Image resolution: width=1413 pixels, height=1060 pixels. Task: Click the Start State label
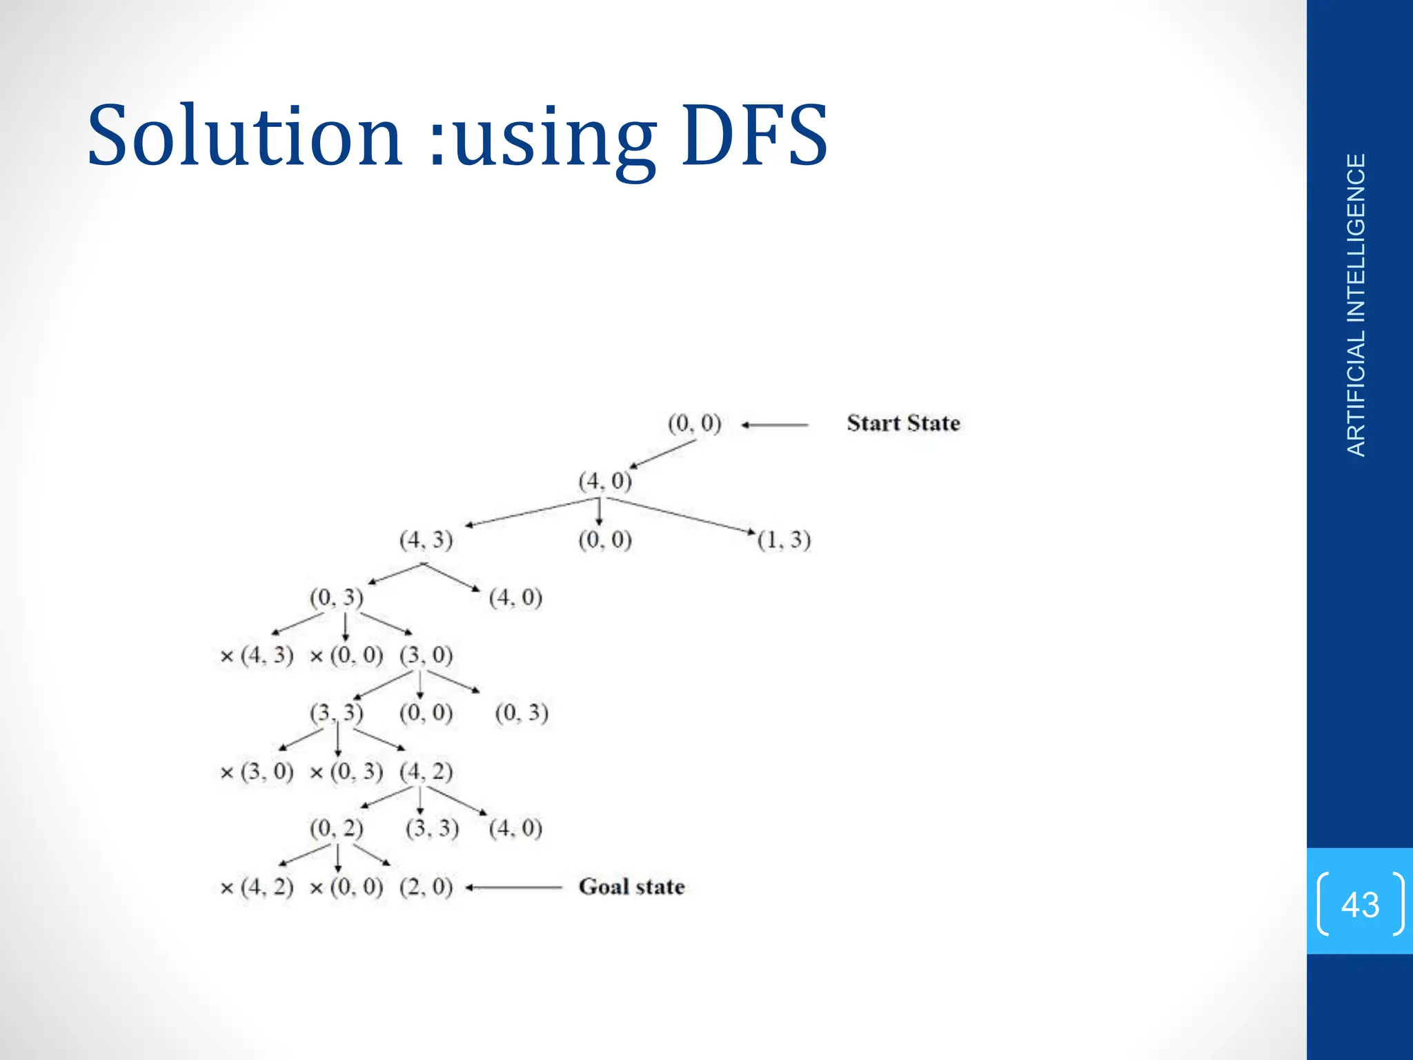tap(903, 423)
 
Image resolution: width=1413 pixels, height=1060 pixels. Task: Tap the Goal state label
tap(631, 887)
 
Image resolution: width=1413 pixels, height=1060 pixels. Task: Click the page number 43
tap(1360, 904)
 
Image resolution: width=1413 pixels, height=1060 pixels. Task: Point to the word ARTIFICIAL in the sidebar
tap(1356, 394)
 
